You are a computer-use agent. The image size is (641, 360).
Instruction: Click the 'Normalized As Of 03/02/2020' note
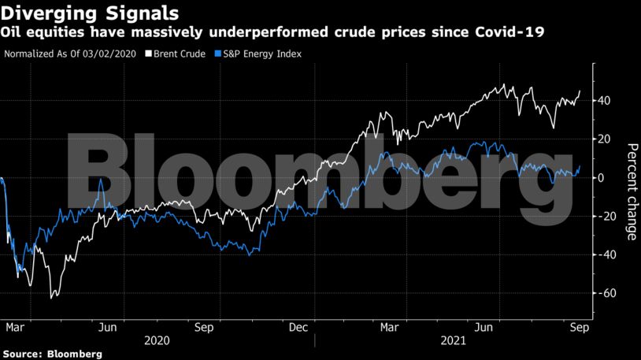pyautogui.click(x=70, y=54)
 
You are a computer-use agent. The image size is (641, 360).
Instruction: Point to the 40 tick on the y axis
pyautogui.click(x=604, y=101)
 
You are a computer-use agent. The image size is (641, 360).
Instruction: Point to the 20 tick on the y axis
pyautogui.click(x=604, y=139)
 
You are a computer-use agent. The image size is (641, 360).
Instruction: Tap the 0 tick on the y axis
pyautogui.click(x=602, y=178)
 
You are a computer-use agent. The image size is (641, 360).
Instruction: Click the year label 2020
pyautogui.click(x=158, y=341)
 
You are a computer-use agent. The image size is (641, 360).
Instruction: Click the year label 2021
pyautogui.click(x=454, y=341)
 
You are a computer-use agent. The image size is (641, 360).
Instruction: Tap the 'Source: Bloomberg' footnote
pyautogui.click(x=53, y=354)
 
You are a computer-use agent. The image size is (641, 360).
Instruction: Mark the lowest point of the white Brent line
pyautogui.click(x=52, y=298)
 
